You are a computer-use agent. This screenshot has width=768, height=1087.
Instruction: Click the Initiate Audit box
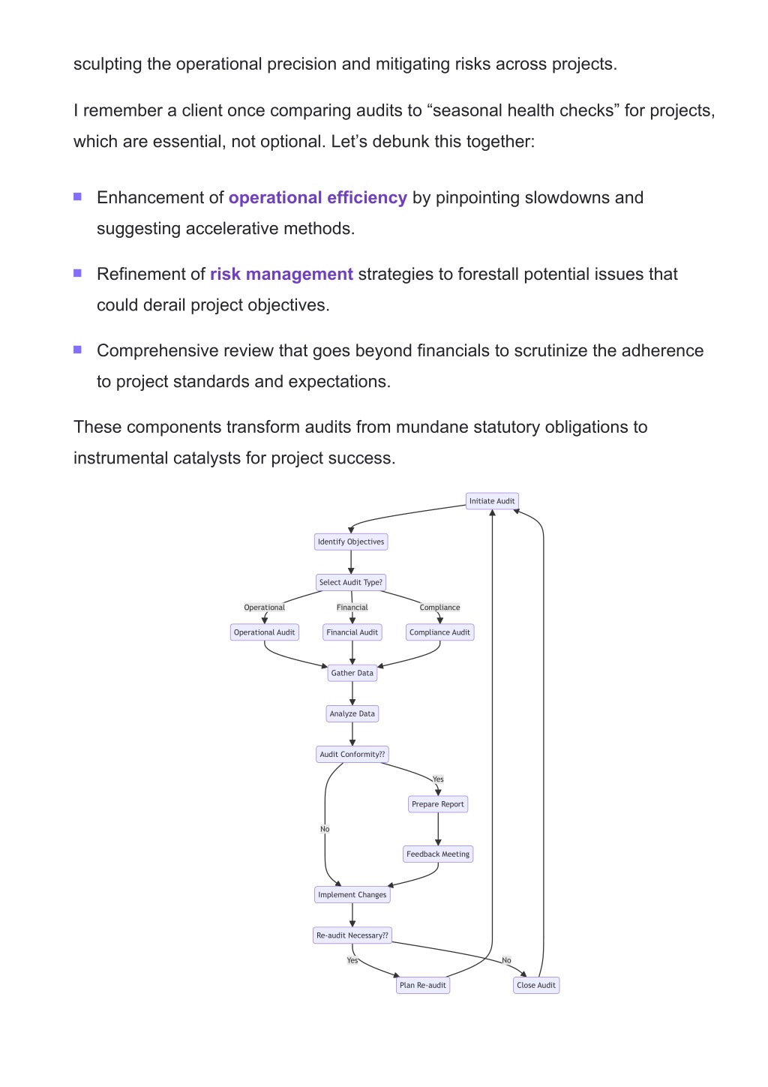point(491,501)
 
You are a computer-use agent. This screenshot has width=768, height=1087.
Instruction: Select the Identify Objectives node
point(351,542)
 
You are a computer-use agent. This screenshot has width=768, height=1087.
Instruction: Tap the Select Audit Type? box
point(351,582)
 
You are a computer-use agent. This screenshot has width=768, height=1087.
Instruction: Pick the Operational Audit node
point(265,632)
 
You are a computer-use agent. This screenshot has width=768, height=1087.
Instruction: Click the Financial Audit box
point(352,632)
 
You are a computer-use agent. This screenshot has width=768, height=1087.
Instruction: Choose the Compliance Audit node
point(439,632)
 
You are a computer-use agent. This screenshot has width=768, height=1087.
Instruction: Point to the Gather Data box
point(352,673)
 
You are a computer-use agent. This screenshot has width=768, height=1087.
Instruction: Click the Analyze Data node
point(352,714)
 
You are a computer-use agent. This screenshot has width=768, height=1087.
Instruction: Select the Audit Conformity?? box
point(352,755)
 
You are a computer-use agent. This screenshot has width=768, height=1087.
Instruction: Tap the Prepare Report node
point(437,804)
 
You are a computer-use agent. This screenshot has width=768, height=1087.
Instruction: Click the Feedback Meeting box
point(437,854)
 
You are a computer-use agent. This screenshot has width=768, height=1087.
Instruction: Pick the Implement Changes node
point(352,895)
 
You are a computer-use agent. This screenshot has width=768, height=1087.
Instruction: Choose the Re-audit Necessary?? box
point(352,935)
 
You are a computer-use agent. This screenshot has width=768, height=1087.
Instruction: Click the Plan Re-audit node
point(422,985)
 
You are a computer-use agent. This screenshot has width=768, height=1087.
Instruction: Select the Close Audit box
point(536,985)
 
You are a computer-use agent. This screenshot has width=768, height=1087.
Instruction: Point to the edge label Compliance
point(439,607)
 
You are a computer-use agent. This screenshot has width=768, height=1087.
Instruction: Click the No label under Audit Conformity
point(325,829)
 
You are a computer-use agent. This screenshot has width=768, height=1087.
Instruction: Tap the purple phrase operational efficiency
point(318,197)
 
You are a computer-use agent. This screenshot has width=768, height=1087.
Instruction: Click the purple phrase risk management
point(281,274)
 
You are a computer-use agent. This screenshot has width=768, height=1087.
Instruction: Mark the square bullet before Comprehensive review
point(77,350)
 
